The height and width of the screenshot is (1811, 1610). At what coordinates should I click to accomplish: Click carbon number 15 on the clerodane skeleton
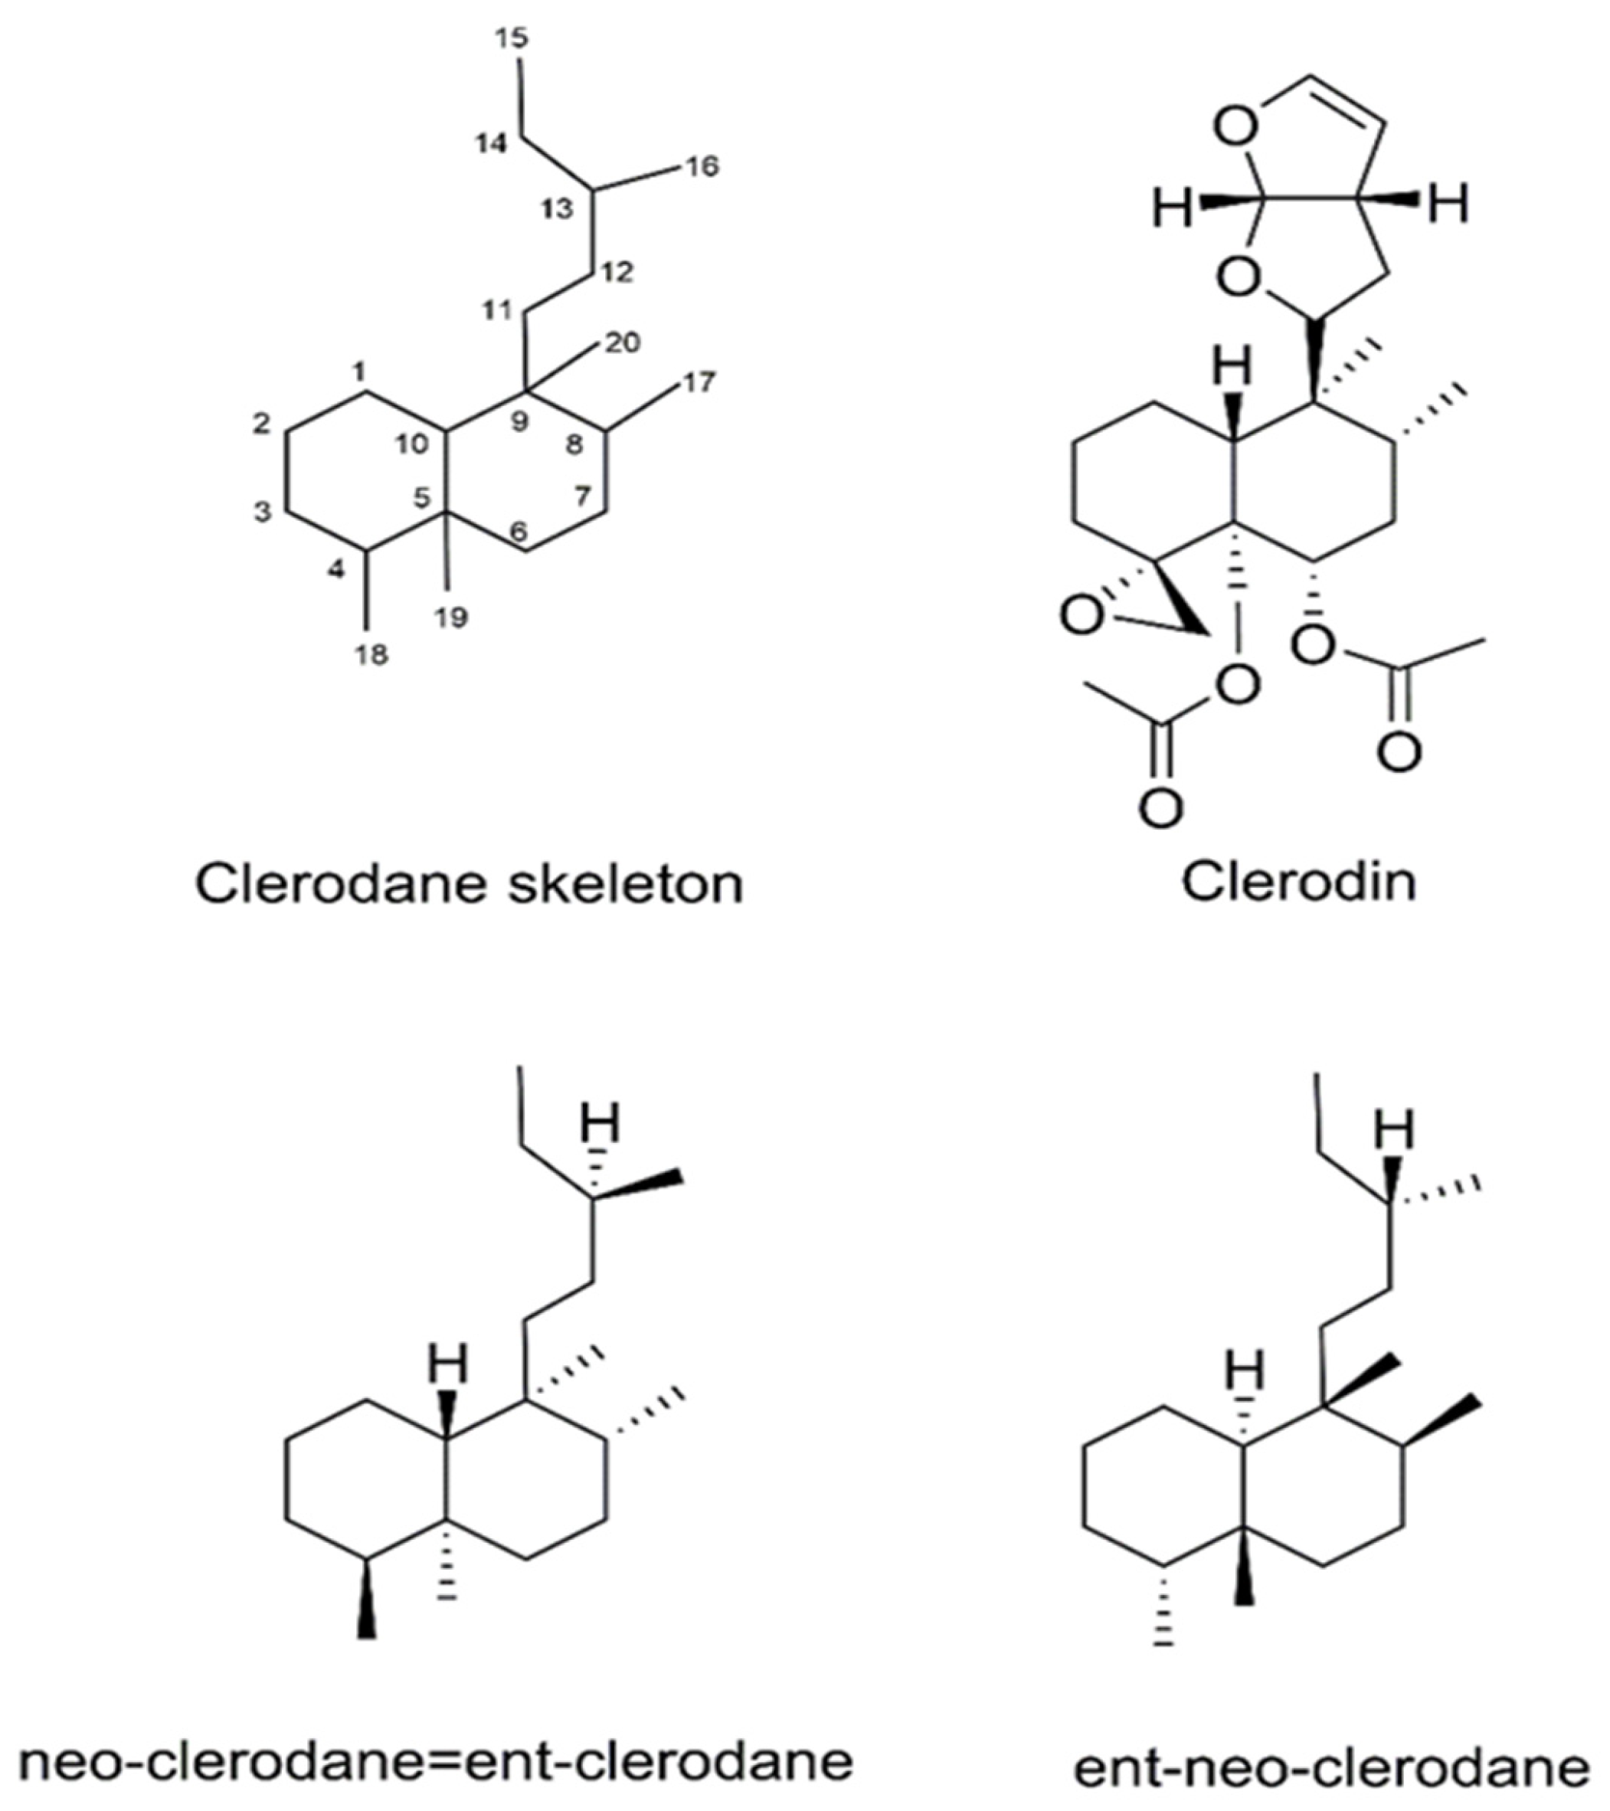[x=512, y=38]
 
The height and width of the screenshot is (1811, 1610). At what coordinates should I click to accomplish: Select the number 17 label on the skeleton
[x=697, y=382]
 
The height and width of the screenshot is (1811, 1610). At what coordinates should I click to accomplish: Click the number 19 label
[x=450, y=617]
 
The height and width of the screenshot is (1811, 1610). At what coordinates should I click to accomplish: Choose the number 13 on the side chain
[x=558, y=209]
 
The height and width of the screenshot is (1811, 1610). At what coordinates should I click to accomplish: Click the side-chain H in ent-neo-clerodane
[x=1395, y=1128]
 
